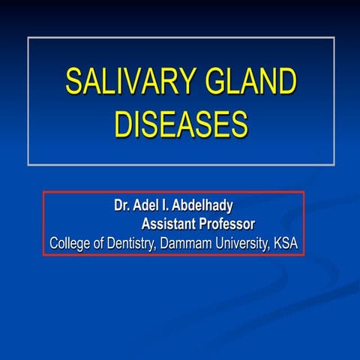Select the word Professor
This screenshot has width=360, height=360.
click(229, 223)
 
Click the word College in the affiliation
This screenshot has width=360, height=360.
click(71, 243)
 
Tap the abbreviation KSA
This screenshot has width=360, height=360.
click(292, 243)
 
